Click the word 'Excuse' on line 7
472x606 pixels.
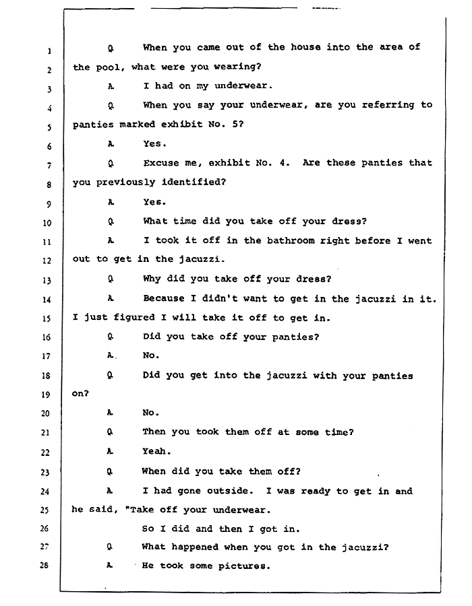(x=161, y=163)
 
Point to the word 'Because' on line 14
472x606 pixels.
(x=165, y=298)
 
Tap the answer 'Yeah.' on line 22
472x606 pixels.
(x=156, y=452)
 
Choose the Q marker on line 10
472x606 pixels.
(x=110, y=222)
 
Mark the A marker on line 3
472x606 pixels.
(x=110, y=87)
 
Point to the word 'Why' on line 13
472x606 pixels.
(x=152, y=279)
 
